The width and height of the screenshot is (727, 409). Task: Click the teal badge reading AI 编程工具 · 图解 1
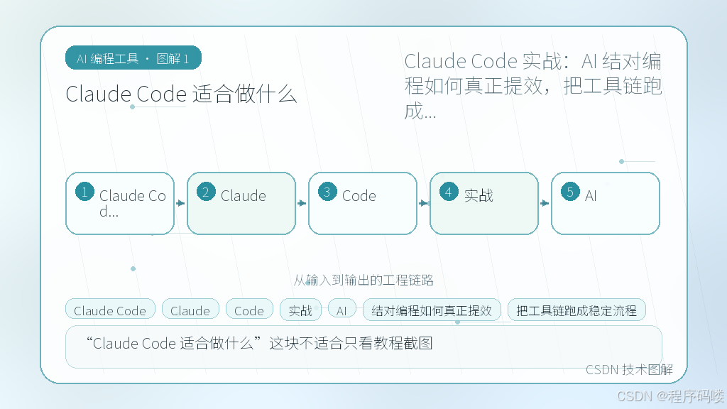(133, 58)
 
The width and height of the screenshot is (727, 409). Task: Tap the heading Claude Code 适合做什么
(181, 94)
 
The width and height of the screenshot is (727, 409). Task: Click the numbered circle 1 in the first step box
(85, 192)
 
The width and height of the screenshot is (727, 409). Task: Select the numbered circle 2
(206, 192)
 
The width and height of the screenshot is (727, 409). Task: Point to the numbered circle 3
(327, 192)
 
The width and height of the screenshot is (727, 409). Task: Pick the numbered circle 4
(449, 192)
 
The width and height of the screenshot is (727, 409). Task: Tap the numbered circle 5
(570, 192)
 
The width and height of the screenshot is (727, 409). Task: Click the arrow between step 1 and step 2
(180, 203)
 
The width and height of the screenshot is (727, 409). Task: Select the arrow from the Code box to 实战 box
(423, 203)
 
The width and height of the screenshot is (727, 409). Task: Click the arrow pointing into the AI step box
(545, 203)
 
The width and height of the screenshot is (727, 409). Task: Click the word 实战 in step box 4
(479, 196)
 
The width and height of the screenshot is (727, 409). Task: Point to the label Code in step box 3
(359, 196)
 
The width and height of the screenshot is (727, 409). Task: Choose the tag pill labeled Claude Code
(110, 310)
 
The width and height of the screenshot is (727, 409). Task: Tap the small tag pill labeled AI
(341, 310)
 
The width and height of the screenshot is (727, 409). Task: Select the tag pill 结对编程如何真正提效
(432, 310)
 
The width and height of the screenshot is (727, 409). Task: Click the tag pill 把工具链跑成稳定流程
(576, 310)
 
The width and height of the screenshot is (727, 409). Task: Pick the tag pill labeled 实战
(300, 310)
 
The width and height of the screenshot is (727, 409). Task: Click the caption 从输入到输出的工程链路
(363, 280)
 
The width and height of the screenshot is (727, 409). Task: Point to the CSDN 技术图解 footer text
(629, 369)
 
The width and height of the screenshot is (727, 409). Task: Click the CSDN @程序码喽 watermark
(670, 396)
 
